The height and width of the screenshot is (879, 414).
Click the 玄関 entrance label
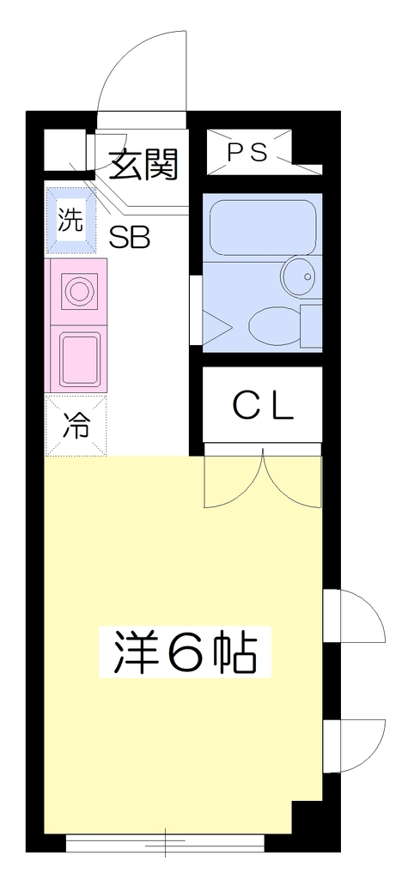[143, 164]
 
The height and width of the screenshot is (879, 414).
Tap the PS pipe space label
[247, 152]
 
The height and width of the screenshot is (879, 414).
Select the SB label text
[130, 238]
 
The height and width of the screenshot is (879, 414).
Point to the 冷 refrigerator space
[76, 426]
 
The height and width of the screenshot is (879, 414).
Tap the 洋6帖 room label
[186, 652]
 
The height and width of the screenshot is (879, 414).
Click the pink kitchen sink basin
[80, 361]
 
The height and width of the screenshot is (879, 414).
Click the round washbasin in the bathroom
[300, 276]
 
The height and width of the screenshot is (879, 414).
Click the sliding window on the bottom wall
[166, 843]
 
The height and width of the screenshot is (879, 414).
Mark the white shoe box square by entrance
[65, 149]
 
